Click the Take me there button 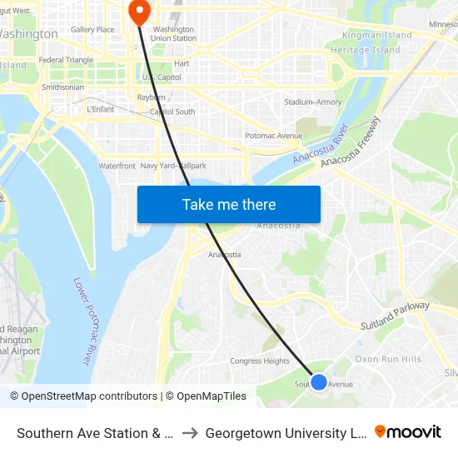pos(229,205)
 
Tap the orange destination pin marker pos(138,11)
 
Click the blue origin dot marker pos(318,381)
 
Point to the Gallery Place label pos(92,30)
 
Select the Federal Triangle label pos(67,60)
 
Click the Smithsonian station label pos(62,87)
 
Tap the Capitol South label pos(172,112)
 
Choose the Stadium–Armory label pos(312,102)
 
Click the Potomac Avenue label pos(273,136)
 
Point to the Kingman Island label pos(377,36)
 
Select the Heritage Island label pos(366,50)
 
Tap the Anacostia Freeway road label pos(351,141)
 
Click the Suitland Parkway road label pos(395,316)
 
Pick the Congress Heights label pos(260,361)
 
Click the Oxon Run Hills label pos(388,359)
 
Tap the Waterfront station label pos(117,166)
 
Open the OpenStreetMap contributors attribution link pos(83,396)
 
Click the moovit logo pos(408,431)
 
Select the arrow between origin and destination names pos(190,433)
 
